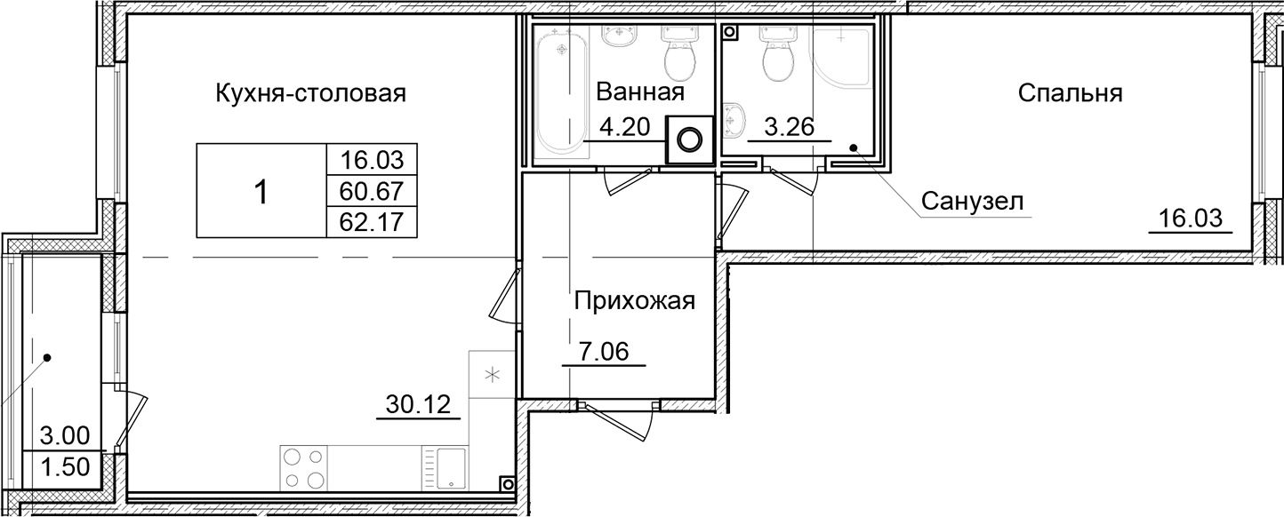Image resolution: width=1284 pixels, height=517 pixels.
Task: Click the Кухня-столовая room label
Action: pos(310,93)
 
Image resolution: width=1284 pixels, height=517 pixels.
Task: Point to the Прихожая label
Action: pos(633,301)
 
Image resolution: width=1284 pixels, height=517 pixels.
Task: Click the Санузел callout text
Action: pos(972,202)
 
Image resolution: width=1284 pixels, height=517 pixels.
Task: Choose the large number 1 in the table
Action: pos(261,191)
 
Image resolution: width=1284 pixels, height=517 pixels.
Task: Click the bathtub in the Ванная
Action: pos(560,89)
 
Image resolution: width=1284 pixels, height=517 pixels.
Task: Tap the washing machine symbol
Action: pos(690,139)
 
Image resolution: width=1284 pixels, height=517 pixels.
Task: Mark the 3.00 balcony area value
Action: pos(66,437)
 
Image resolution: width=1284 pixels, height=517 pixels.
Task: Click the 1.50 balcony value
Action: pos(66,467)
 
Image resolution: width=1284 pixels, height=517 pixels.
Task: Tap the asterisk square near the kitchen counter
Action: pos(492,374)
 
